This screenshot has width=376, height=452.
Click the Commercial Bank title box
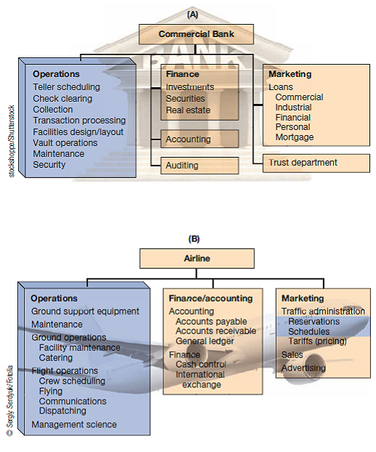tap(197, 33)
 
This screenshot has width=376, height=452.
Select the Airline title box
tap(197, 257)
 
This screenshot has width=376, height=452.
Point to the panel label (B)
tap(194, 238)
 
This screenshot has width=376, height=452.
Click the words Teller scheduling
tap(66, 87)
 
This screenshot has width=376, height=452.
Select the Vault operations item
tap(65, 142)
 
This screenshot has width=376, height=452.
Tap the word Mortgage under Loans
tap(295, 137)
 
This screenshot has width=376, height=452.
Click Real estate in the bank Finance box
tap(188, 110)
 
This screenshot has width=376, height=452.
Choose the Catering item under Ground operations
tap(57, 358)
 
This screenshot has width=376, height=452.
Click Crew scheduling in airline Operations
tap(72, 381)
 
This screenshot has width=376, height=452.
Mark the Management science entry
tap(73, 424)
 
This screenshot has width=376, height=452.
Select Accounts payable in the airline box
tap(211, 321)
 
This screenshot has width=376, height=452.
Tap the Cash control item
tap(201, 364)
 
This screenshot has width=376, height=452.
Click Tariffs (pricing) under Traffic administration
tap(317, 341)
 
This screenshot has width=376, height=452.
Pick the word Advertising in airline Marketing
tap(303, 368)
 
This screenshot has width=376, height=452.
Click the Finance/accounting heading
tap(211, 298)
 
